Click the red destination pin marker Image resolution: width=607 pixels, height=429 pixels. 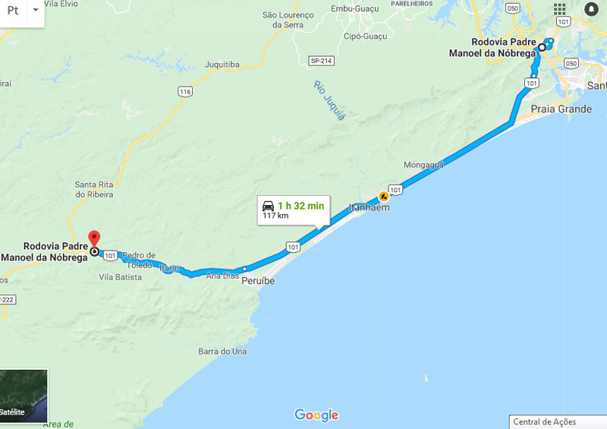coord(94,238)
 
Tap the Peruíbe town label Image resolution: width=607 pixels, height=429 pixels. coord(258,281)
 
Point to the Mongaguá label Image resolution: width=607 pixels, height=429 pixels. coord(423,164)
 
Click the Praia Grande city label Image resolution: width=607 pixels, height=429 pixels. coord(561,109)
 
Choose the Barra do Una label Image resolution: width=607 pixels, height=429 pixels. coord(222,352)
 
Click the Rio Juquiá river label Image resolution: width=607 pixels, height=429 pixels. coord(329,100)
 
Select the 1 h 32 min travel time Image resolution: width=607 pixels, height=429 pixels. coord(300,206)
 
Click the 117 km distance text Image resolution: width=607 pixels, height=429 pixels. coord(275,216)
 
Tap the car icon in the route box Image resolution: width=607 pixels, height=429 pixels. coord(268,206)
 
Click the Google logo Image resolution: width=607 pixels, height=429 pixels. coord(316,415)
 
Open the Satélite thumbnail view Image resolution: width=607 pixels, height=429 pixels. coord(24,395)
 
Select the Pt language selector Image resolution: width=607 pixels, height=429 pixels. coord(13,11)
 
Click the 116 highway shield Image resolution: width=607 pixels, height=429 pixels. coord(185,92)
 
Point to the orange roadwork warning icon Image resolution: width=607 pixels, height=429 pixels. coord(384,197)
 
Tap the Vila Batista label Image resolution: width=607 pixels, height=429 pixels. coord(120,277)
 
